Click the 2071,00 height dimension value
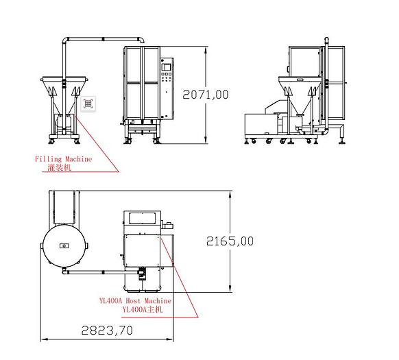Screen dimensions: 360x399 (206, 95)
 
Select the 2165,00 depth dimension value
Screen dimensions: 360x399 (230, 241)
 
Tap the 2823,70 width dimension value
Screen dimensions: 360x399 (107, 330)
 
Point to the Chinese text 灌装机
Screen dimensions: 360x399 (60, 167)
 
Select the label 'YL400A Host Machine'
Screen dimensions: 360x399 (135, 301)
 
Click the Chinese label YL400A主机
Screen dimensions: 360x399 (143, 309)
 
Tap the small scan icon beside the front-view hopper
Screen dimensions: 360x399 (88, 104)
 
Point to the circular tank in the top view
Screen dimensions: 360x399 (64, 245)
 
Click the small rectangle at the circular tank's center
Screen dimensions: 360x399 (64, 245)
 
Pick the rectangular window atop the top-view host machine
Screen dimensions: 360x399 (141, 218)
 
